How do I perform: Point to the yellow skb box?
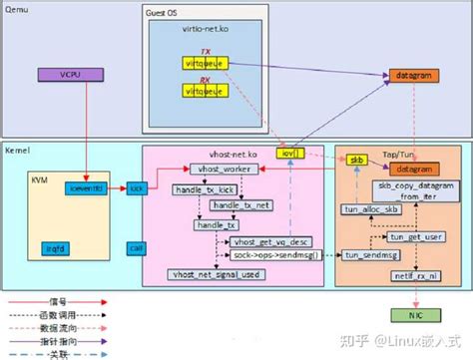coord(354,160)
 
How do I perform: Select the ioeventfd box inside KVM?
coord(83,187)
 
